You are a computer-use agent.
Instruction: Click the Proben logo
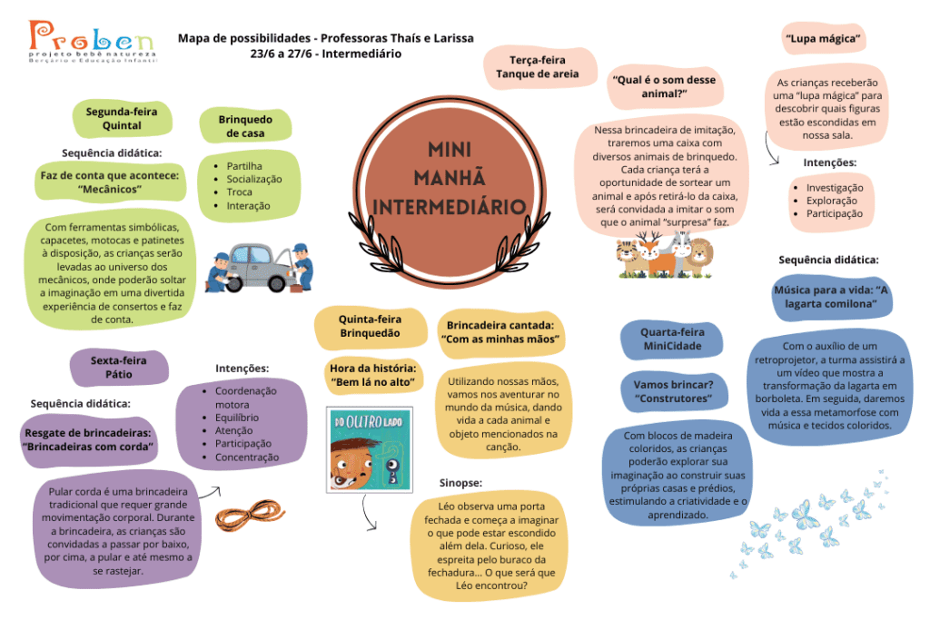pos(92,42)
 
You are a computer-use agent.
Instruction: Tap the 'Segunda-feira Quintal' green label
pos(123,119)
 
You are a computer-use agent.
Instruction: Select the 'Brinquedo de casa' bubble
pos(245,125)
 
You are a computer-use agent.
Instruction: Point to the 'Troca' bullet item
pos(239,192)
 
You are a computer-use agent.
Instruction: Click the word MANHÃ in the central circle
pos(449,177)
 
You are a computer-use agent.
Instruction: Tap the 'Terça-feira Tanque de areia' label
pos(538,67)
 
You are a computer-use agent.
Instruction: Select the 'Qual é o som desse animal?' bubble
pos(664,86)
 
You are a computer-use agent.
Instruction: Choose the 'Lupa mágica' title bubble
pos(823,38)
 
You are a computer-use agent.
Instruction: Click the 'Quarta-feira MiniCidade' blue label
pos(672,339)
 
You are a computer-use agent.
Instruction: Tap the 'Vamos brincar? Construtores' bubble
pos(673,391)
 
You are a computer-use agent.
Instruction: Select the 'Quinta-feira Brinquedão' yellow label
pos(371,326)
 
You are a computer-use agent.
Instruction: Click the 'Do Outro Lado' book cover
pos(370,450)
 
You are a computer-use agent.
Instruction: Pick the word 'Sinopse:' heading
pos(460,483)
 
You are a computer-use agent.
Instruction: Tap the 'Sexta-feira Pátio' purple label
pos(119,368)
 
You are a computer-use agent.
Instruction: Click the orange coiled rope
pos(250,516)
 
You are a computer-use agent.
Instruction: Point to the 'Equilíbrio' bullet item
pos(237,418)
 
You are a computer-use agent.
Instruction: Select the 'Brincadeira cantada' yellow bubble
pos(501,332)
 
